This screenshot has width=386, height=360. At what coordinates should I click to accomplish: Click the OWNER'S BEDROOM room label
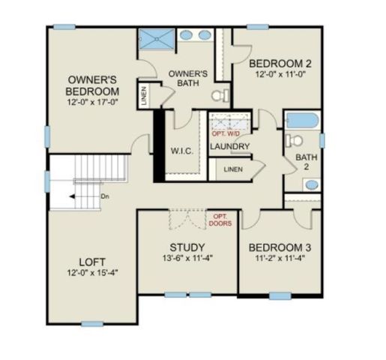click(x=91, y=85)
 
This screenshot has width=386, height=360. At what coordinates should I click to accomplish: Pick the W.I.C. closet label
click(x=182, y=151)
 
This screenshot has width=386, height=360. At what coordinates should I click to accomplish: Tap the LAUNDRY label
click(x=230, y=146)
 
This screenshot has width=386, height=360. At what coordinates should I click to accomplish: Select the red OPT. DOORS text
click(x=222, y=220)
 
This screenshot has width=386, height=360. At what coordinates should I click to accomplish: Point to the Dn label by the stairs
click(x=104, y=196)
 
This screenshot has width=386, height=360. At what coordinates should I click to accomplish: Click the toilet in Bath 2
click(x=295, y=140)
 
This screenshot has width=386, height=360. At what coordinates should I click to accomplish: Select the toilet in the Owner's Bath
click(x=219, y=95)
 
